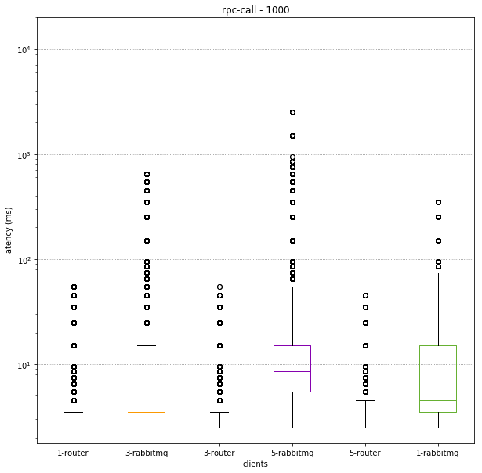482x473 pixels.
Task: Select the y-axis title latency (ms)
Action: (9, 231)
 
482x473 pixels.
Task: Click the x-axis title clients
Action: (255, 464)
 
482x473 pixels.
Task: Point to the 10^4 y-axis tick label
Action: (22, 50)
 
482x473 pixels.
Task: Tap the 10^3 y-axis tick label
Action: (22, 155)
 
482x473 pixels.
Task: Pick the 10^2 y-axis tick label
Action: (22, 260)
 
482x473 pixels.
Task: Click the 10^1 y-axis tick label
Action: (22, 365)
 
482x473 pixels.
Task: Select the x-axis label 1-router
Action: (73, 453)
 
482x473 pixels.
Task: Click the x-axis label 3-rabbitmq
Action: (147, 453)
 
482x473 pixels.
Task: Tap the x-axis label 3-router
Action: (219, 453)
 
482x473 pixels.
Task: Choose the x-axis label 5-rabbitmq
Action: (292, 453)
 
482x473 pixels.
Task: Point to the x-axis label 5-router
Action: (365, 453)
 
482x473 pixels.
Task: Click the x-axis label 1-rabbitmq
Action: (438, 453)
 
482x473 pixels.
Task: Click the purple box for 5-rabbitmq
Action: (292, 368)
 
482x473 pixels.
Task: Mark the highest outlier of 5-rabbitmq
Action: (292, 113)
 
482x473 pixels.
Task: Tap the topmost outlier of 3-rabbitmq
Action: (147, 174)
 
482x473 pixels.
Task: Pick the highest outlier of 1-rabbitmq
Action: (438, 202)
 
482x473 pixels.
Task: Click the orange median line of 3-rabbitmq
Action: (147, 412)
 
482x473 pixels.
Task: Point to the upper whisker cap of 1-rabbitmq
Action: (438, 273)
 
